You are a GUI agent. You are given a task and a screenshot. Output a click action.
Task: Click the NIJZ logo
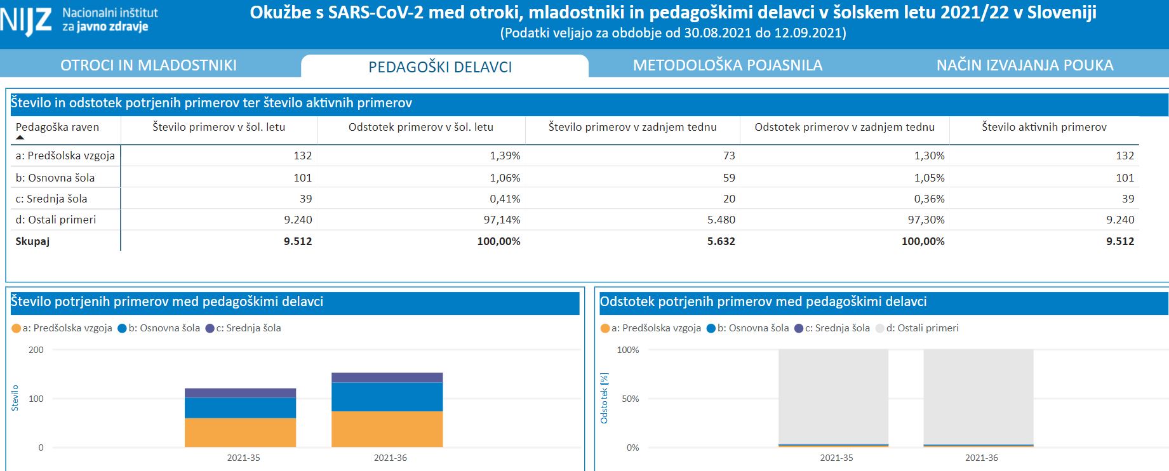click(x=25, y=20)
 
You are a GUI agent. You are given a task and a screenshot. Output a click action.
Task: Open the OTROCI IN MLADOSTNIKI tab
click(x=149, y=65)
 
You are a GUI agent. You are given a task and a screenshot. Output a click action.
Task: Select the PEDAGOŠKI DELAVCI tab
click(x=440, y=67)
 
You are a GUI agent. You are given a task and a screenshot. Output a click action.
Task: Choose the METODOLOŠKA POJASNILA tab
click(x=727, y=65)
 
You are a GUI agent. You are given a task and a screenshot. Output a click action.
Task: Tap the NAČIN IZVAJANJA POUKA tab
click(x=1024, y=65)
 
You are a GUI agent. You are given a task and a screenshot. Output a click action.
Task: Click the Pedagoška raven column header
click(x=57, y=127)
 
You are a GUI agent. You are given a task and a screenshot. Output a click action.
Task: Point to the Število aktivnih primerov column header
click(x=1044, y=127)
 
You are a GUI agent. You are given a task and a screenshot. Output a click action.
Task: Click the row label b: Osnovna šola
click(x=55, y=178)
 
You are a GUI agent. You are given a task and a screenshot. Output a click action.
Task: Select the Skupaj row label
click(x=32, y=241)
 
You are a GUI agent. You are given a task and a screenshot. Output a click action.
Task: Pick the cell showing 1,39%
click(x=505, y=156)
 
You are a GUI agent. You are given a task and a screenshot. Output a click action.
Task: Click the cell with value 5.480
click(x=721, y=220)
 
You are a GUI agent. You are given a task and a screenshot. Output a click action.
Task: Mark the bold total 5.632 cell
click(x=721, y=241)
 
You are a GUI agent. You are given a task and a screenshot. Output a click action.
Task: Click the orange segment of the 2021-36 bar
click(x=387, y=429)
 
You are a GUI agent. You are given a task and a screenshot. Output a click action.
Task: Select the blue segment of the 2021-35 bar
click(x=240, y=408)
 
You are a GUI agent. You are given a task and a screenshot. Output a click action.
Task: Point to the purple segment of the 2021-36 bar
click(x=387, y=378)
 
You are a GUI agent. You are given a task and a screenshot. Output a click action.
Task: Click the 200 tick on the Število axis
click(x=36, y=350)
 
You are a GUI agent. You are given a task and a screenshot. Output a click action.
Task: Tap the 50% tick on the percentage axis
click(x=630, y=399)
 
